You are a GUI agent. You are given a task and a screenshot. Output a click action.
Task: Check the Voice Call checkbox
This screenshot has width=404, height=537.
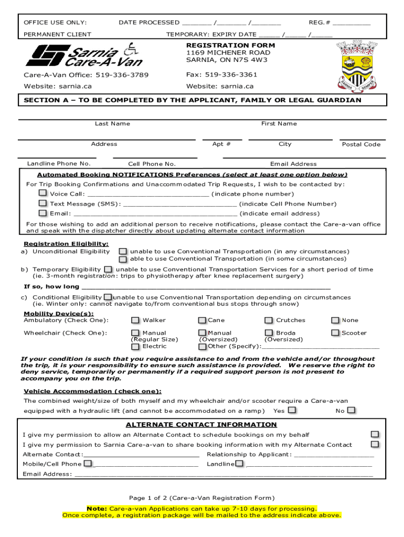(x=42, y=193)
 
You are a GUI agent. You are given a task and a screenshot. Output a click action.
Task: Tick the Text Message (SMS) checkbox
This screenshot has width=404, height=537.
(x=42, y=203)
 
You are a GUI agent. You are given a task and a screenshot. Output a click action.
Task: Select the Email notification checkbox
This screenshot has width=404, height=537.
(x=42, y=213)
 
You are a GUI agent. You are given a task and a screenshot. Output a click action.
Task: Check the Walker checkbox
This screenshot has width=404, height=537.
(x=135, y=320)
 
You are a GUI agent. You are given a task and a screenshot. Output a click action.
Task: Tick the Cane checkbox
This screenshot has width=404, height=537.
(x=202, y=320)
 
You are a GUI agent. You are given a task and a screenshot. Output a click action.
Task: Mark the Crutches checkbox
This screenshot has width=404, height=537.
(x=269, y=320)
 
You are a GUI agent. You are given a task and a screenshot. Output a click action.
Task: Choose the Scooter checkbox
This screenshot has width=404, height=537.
(x=335, y=332)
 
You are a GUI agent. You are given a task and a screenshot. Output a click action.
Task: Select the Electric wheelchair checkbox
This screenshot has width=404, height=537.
(x=135, y=346)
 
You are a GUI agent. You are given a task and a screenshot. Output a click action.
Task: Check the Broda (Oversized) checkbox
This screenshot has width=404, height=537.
(x=269, y=332)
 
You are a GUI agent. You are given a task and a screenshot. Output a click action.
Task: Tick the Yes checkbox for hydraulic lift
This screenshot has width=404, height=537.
(x=292, y=410)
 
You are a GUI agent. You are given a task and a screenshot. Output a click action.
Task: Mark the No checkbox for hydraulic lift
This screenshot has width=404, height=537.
(x=351, y=410)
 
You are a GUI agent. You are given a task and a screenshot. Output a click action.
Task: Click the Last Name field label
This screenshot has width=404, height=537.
(x=112, y=124)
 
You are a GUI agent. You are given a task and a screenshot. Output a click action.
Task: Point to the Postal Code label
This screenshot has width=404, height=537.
(x=361, y=144)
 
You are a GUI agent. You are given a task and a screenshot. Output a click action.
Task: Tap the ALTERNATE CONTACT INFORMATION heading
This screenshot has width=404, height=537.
(x=201, y=425)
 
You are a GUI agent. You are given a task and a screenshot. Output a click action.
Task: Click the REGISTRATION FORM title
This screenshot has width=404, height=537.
(x=230, y=45)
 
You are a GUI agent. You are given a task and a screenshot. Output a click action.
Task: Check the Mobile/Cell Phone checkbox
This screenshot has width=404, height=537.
(x=88, y=464)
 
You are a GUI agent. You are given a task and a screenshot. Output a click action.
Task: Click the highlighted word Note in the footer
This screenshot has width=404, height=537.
(x=97, y=509)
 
